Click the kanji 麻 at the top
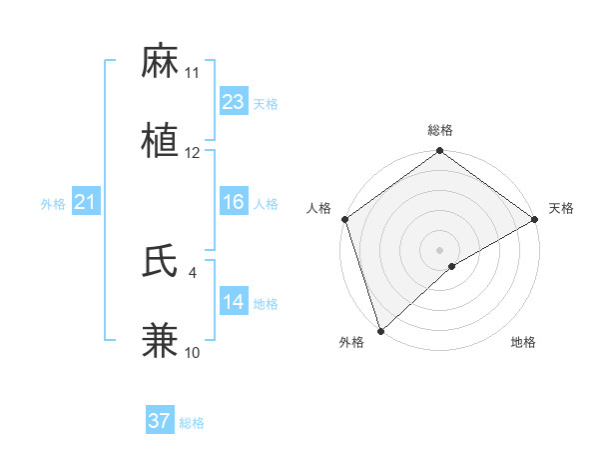[161, 62]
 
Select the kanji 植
[161, 142]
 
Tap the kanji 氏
[161, 261]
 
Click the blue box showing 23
[234, 102]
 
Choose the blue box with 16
[234, 202]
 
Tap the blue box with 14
[234, 302]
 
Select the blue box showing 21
[85, 203]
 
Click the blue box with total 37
[160, 421]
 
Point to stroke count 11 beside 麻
[193, 73]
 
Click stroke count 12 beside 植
[193, 153]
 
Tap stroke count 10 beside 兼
[193, 352]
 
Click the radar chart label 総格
[440, 130]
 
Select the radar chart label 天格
[561, 208]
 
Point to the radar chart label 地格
[523, 343]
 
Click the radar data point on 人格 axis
[344, 219]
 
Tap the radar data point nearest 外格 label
[380, 330]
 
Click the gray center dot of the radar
[440, 249]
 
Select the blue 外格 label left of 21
[53, 204]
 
